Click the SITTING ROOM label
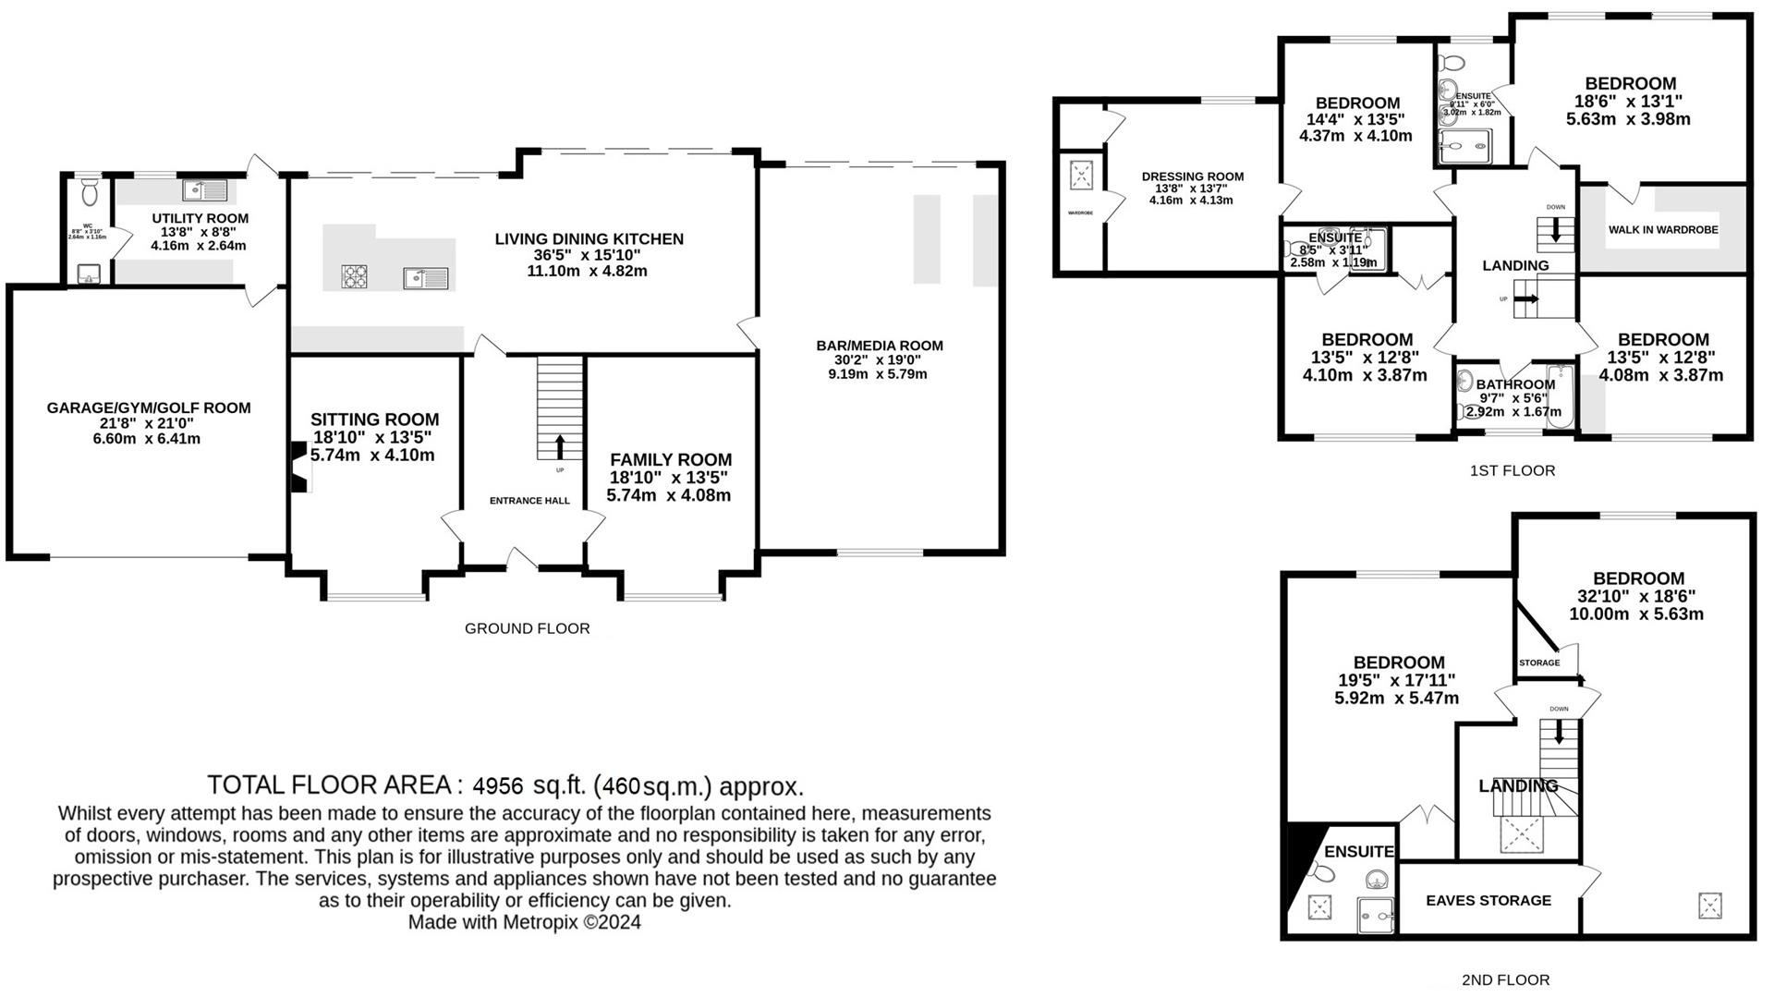click(374, 419)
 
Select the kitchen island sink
click(425, 277)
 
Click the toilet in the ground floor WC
click(90, 192)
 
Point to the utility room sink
click(205, 190)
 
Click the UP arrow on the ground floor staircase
click(560, 447)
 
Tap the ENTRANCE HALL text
click(529, 501)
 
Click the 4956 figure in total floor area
click(498, 786)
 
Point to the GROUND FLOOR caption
click(527, 628)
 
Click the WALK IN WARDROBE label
click(1663, 229)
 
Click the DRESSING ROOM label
click(1192, 176)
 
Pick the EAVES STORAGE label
click(1488, 900)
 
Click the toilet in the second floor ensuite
click(1322, 872)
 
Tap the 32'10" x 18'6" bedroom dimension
click(1635, 596)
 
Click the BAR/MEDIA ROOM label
click(879, 346)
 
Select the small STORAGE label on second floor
click(1538, 663)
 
